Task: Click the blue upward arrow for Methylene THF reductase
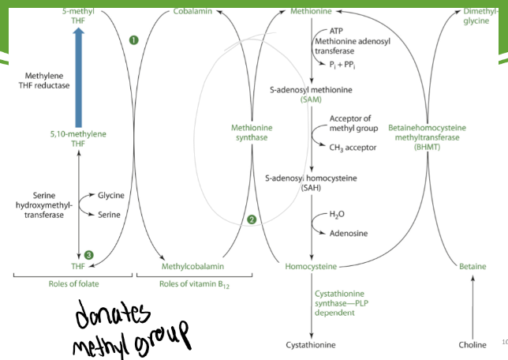pos(77,79)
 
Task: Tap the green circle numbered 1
pos(134,39)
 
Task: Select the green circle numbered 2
pos(252,219)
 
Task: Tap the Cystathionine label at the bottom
pos(313,345)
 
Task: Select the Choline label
pos(473,345)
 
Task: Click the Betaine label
pos(473,266)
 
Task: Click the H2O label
pos(336,214)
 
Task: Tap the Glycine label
pos(112,194)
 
